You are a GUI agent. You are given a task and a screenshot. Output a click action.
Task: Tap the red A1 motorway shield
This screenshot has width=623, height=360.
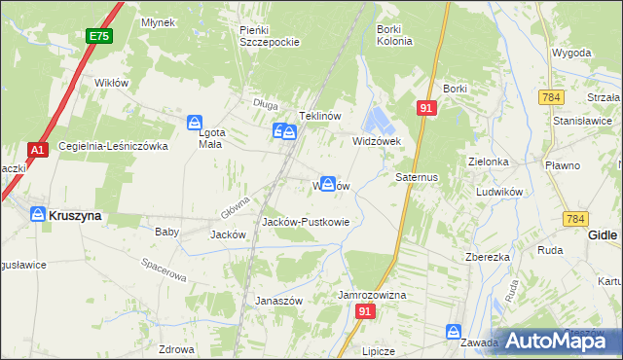click(37, 151)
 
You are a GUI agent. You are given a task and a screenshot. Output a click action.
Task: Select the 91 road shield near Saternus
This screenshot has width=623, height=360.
click(425, 108)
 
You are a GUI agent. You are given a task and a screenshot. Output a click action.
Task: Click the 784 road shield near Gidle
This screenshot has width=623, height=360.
click(572, 221)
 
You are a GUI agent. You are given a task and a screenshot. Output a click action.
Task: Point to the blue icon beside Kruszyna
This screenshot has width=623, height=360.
click(37, 214)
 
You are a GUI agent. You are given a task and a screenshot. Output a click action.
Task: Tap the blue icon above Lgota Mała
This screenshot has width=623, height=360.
click(194, 123)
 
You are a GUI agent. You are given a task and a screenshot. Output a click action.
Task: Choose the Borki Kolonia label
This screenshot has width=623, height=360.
click(394, 36)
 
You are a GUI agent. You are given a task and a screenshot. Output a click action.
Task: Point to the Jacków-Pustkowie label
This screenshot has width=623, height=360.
click(306, 222)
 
